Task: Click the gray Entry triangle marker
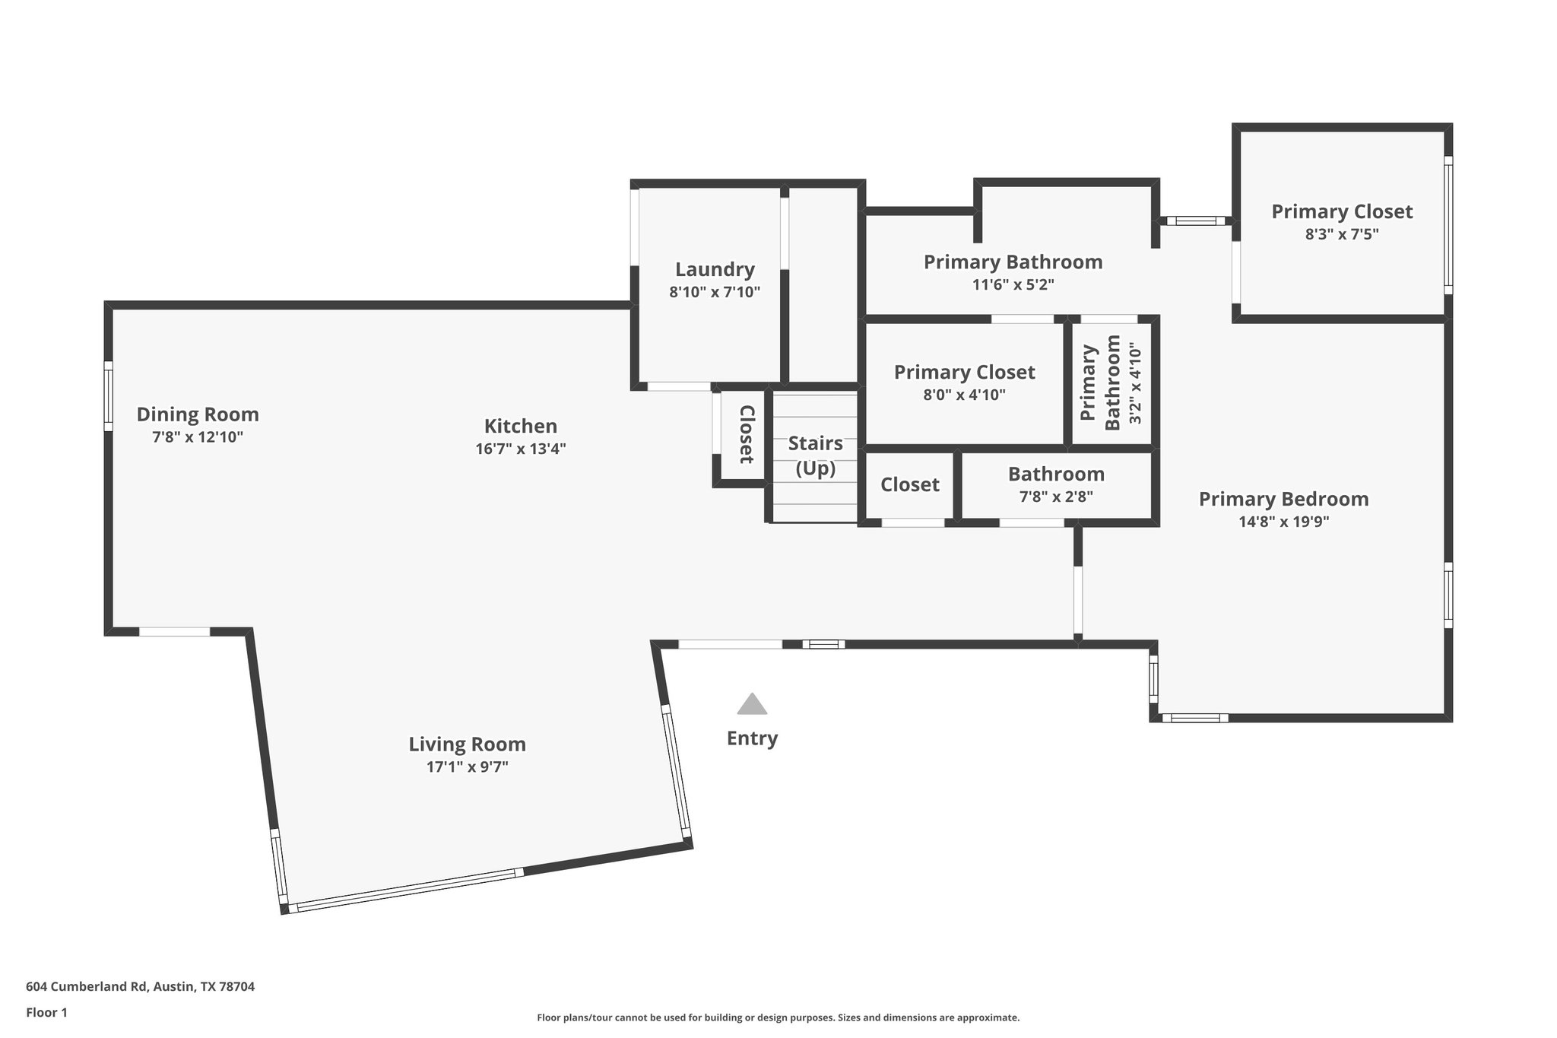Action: click(x=752, y=704)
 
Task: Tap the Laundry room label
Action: click(x=715, y=270)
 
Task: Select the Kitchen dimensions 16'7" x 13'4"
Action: click(x=521, y=449)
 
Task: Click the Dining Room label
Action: click(x=198, y=414)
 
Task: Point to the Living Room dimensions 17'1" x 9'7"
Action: click(x=467, y=767)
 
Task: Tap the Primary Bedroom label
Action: click(x=1283, y=500)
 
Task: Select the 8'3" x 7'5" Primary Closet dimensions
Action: click(x=1342, y=234)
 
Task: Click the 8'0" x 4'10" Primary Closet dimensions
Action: click(x=964, y=395)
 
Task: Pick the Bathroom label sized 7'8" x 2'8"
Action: click(x=1056, y=475)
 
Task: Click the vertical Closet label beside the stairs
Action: click(x=747, y=434)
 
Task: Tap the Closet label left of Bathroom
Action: click(x=909, y=485)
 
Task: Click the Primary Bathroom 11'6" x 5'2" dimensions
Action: click(x=1013, y=284)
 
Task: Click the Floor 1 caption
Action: click(x=46, y=1013)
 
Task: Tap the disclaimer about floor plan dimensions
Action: click(x=778, y=1017)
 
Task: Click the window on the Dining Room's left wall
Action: click(x=109, y=396)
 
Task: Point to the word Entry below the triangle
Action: click(x=752, y=738)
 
